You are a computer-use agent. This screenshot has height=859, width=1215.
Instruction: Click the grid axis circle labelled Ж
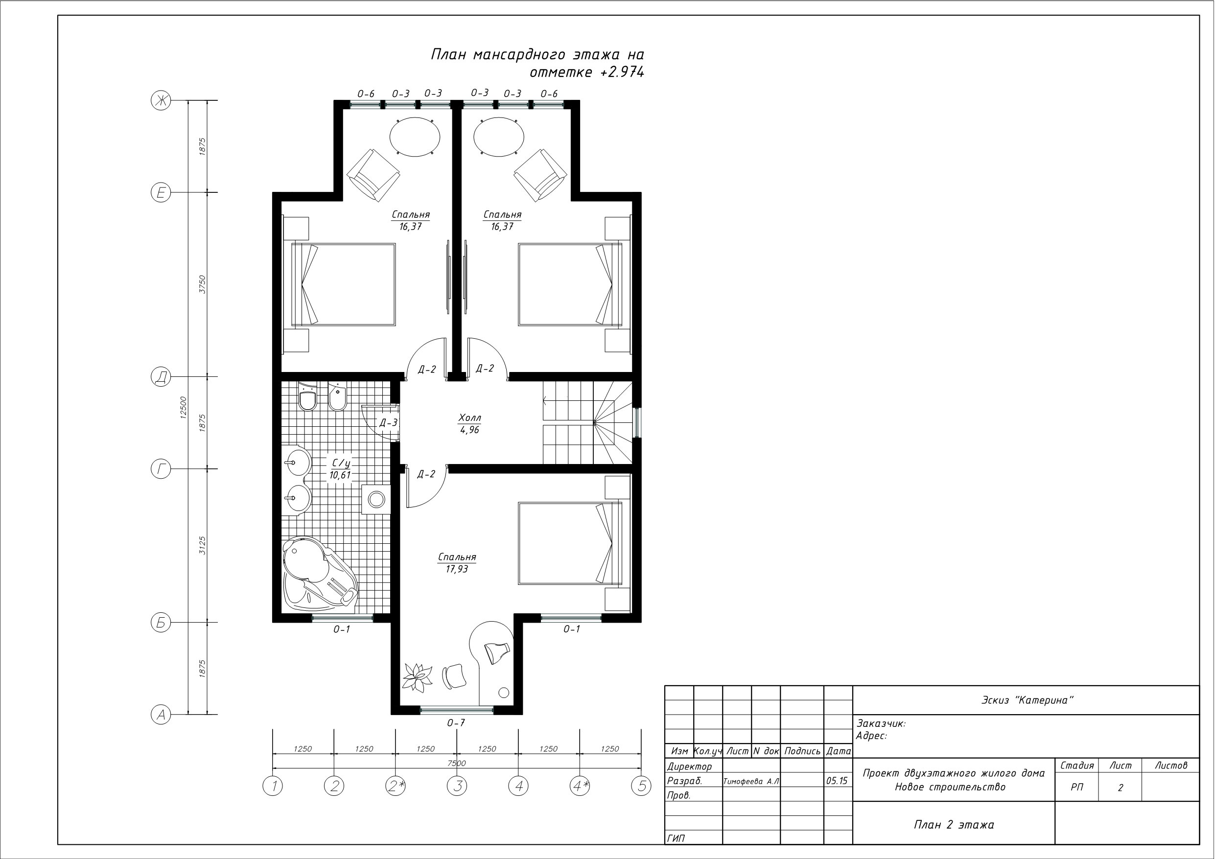pos(161,100)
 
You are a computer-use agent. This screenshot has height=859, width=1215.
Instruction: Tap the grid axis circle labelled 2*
pos(396,786)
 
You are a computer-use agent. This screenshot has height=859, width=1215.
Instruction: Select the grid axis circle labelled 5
pos(641,786)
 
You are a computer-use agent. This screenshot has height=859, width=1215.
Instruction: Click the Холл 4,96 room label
pos(469,424)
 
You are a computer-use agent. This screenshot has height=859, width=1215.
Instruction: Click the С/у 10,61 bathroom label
pos(340,469)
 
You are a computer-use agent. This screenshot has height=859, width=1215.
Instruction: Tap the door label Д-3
pos(388,422)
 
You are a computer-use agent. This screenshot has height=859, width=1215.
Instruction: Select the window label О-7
pos(456,722)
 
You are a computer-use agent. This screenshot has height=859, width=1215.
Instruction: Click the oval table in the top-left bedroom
pos(415,137)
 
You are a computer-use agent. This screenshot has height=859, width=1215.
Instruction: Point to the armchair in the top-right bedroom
pos(540,175)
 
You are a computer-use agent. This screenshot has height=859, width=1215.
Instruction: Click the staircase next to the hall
pos(587,423)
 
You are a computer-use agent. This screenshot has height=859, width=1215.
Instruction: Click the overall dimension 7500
pos(457,763)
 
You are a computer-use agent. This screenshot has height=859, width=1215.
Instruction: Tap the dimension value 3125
pos(202,545)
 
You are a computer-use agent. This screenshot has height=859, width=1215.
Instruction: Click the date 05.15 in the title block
pos(837,781)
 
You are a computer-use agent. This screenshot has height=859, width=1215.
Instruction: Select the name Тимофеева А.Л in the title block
pos(751,781)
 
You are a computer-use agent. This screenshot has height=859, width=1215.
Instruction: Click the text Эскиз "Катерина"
pos(1027,700)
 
